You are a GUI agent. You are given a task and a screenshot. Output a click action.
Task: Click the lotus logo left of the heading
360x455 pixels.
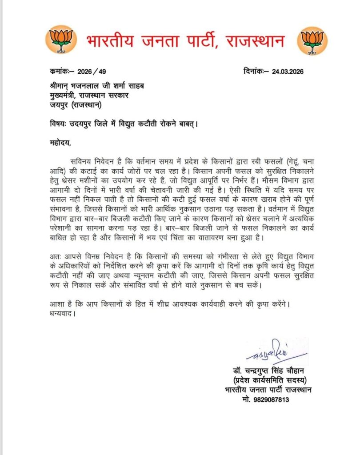point(58,40)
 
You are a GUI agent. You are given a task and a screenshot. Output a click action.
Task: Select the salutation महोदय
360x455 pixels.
point(59,143)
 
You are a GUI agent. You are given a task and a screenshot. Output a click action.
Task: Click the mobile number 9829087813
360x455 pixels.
point(279,399)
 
